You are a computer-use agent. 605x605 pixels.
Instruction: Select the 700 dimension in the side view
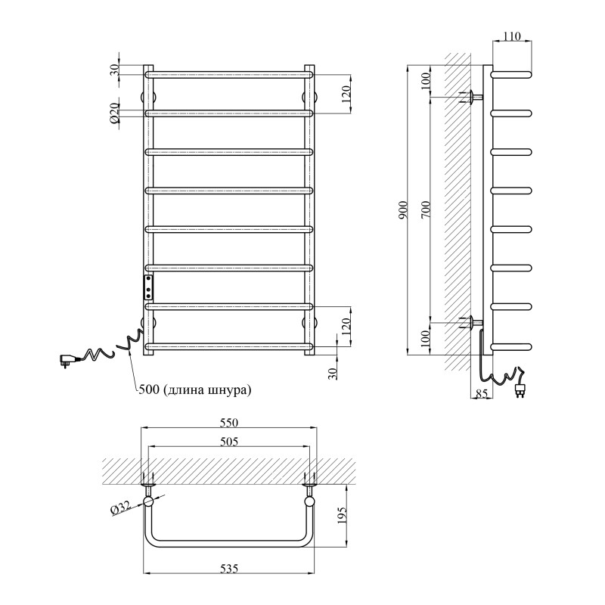pyautogui.click(x=426, y=212)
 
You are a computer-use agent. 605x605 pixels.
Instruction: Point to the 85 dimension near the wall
pyautogui.click(x=481, y=393)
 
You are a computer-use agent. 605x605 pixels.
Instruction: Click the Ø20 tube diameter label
pyautogui.click(x=114, y=113)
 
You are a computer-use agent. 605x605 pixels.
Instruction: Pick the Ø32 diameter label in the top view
pyautogui.click(x=121, y=509)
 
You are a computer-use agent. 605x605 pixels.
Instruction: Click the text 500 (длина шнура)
pyautogui.click(x=195, y=390)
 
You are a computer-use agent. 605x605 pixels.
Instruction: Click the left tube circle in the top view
pyautogui.click(x=149, y=501)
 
